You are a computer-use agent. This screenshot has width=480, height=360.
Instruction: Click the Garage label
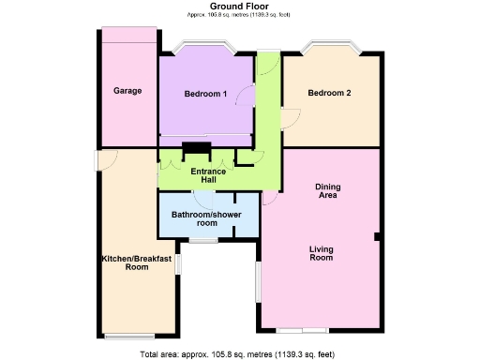tap(127, 91)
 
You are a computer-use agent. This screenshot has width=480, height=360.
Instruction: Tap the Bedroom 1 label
tap(205, 94)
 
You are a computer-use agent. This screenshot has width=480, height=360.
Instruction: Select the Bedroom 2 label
tap(330, 93)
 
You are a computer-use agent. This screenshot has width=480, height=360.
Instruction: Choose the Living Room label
tap(322, 253)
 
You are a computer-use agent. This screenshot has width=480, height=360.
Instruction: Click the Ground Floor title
tap(240, 7)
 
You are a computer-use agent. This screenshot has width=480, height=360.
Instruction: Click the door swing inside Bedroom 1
tap(247, 96)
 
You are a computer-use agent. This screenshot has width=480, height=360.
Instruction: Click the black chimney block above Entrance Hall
tap(196, 147)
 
